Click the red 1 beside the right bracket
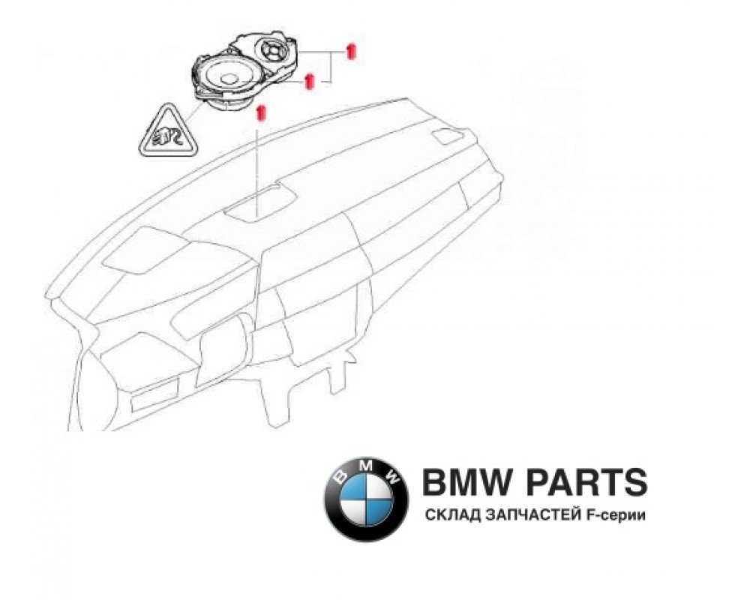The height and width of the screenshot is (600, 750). [x=349, y=50]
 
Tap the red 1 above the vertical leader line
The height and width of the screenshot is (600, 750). [x=261, y=113]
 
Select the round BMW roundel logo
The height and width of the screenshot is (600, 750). [x=366, y=497]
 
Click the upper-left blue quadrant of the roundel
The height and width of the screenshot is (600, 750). [x=352, y=484]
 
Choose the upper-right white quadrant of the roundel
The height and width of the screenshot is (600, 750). [x=379, y=484]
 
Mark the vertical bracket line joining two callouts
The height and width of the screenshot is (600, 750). [x=332, y=66]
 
